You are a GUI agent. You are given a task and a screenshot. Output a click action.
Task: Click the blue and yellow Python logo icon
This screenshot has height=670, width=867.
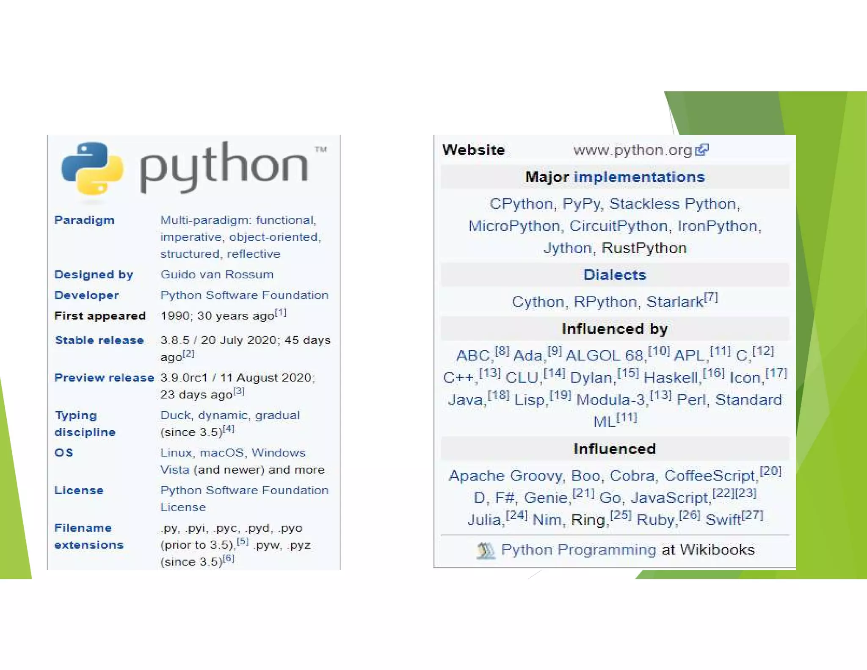pyautogui.click(x=92, y=168)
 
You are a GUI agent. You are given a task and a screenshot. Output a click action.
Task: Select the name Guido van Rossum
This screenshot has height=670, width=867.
pyautogui.click(x=217, y=274)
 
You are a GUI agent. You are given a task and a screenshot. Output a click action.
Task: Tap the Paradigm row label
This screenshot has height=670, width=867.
pyautogui.click(x=84, y=220)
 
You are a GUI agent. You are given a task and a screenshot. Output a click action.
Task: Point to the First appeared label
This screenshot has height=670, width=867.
pyautogui.click(x=100, y=316)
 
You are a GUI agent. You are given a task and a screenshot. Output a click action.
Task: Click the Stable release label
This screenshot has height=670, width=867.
pyautogui.click(x=99, y=340)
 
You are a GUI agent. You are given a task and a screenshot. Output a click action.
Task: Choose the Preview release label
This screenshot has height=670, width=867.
pyautogui.click(x=104, y=378)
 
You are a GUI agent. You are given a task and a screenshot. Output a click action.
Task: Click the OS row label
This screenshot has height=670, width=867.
pyautogui.click(x=64, y=453)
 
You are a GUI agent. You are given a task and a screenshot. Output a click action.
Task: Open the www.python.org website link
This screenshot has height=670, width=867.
pyautogui.click(x=632, y=150)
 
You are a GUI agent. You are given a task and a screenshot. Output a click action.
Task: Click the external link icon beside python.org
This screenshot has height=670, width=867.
pyautogui.click(x=702, y=150)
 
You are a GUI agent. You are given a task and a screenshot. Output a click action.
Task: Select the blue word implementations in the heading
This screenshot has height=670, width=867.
pyautogui.click(x=639, y=177)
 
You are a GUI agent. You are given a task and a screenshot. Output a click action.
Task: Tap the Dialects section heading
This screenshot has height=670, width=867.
pyautogui.click(x=615, y=275)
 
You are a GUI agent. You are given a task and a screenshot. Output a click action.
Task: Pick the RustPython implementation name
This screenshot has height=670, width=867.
pyautogui.click(x=644, y=248)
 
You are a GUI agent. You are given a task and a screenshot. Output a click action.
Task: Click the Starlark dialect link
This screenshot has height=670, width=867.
pyautogui.click(x=675, y=302)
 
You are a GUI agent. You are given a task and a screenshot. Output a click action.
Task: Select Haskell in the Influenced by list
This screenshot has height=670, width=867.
pyautogui.click(x=671, y=377)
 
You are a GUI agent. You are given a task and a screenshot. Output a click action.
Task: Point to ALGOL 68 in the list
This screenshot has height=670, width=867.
pyautogui.click(x=605, y=355)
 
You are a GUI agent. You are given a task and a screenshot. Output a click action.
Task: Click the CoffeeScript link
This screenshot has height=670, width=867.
pyautogui.click(x=710, y=476)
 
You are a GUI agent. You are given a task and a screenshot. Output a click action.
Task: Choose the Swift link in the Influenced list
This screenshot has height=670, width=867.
pyautogui.click(x=723, y=520)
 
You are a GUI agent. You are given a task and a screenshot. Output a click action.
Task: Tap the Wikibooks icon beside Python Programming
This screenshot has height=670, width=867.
pyautogui.click(x=486, y=550)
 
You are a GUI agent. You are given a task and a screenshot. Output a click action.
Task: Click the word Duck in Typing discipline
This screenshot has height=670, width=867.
pyautogui.click(x=175, y=415)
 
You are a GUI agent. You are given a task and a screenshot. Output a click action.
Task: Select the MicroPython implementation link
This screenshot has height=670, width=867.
pyautogui.click(x=514, y=226)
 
